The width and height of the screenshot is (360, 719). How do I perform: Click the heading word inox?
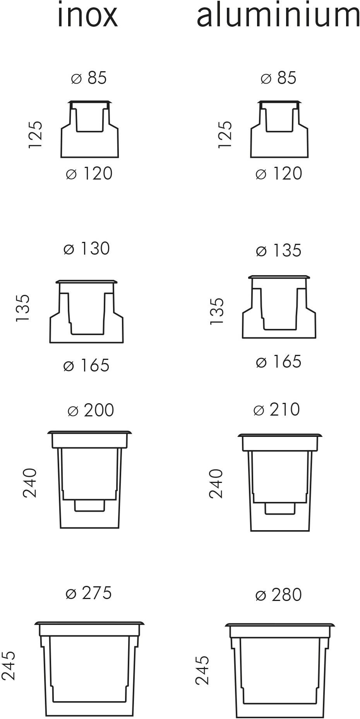pyautogui.click(x=87, y=15)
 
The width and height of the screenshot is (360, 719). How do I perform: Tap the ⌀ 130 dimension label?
pyautogui.click(x=87, y=248)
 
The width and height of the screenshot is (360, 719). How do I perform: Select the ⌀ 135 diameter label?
pyautogui.click(x=278, y=250)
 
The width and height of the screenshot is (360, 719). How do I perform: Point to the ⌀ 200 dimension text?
pyautogui.click(x=91, y=410)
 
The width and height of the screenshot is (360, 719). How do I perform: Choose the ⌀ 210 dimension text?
pyautogui.click(x=277, y=409)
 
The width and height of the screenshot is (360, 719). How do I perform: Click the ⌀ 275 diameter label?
pyautogui.click(x=89, y=593)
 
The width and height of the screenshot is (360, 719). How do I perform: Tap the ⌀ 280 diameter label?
pyautogui.click(x=278, y=595)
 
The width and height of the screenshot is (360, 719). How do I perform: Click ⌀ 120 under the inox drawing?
pyautogui.click(x=89, y=173)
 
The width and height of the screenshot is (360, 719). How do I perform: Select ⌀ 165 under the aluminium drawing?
pyautogui.click(x=278, y=361)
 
